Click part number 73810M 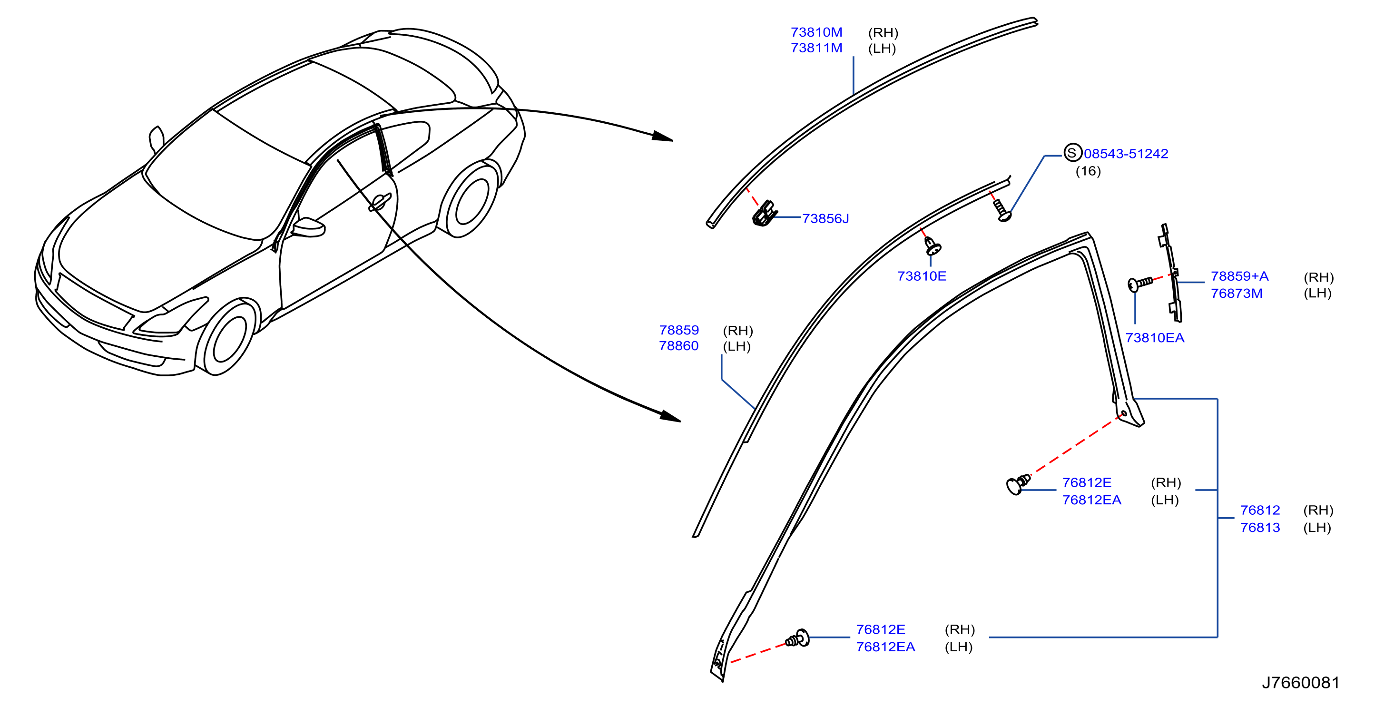(816, 32)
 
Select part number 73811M (816, 48)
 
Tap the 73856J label (825, 218)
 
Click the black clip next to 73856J (764, 214)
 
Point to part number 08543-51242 (1126, 154)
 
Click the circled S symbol (1072, 153)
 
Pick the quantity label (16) (1088, 171)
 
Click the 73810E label (922, 276)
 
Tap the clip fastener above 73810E (933, 245)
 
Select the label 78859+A (1239, 276)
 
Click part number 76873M (1237, 293)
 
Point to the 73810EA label (1155, 338)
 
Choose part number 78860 (678, 346)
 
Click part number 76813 (1260, 528)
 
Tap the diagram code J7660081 (1300, 683)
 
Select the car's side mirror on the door (308, 227)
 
